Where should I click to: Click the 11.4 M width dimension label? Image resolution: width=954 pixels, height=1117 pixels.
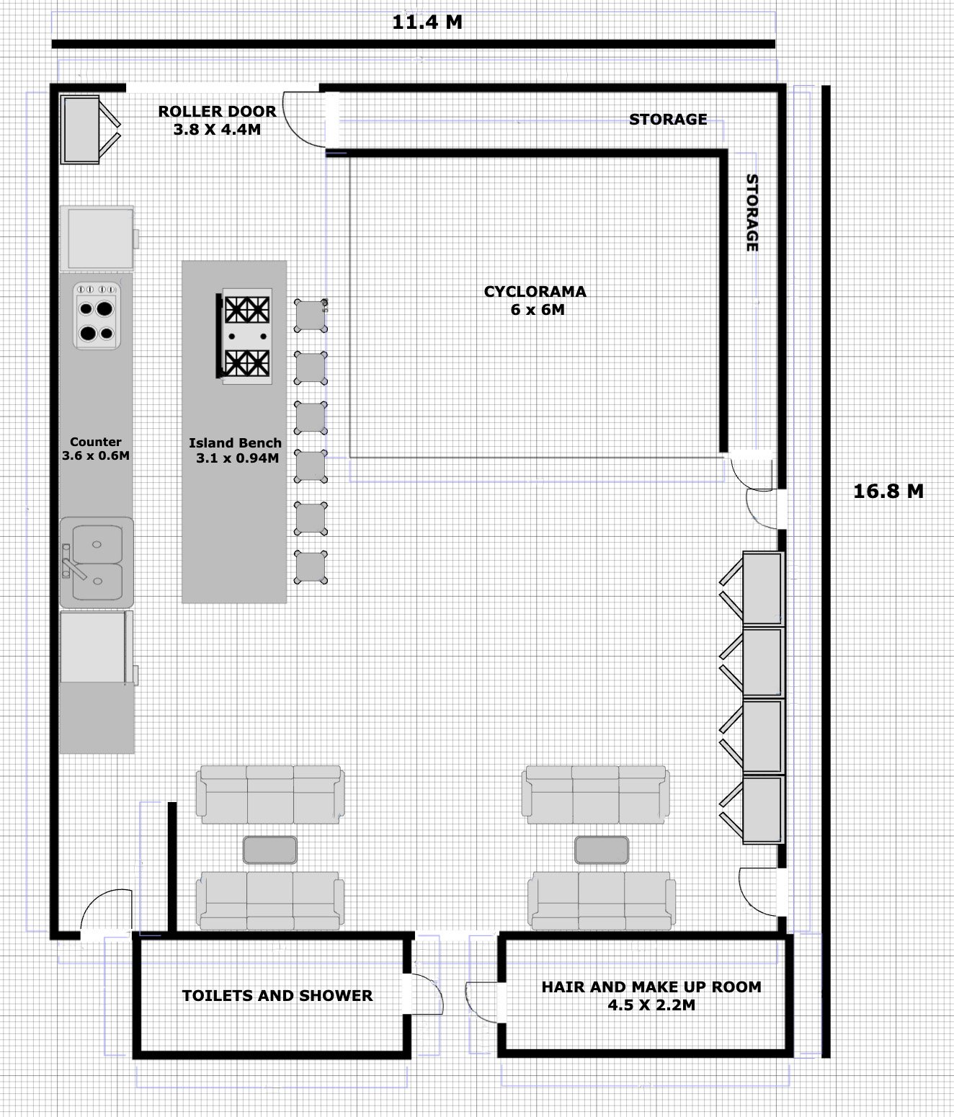coord(427,22)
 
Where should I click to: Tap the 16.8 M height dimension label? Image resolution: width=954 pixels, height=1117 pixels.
coord(888,491)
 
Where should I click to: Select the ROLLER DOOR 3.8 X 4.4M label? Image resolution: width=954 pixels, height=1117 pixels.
coord(217,120)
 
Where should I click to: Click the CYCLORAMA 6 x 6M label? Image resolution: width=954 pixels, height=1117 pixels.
coord(535,301)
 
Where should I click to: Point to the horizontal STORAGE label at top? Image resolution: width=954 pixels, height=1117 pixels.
coord(667,120)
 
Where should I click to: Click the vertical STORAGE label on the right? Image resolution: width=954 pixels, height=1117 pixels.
coord(752,213)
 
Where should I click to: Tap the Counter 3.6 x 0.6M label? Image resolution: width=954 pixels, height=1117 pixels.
coord(96,448)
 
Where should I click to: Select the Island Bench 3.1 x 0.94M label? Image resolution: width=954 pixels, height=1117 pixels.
coord(235,450)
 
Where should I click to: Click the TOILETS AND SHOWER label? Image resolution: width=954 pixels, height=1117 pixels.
coord(277,996)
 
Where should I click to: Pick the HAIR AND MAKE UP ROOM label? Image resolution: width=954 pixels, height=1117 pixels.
coord(651,995)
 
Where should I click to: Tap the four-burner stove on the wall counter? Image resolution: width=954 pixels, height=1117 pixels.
coord(97,316)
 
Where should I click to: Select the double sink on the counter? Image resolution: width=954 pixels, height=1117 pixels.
coord(96,562)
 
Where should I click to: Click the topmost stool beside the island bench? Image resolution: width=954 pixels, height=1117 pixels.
coord(311,316)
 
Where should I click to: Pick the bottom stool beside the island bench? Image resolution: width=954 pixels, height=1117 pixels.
coord(311,567)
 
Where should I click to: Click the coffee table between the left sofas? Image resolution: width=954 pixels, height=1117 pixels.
coord(269,850)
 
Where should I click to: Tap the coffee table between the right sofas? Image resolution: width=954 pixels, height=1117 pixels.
coord(601,850)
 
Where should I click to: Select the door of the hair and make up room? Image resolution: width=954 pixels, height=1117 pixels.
coord(483,1001)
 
